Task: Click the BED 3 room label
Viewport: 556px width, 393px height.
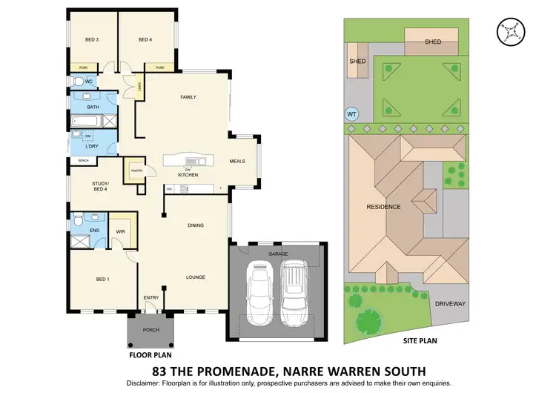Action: click(92, 39)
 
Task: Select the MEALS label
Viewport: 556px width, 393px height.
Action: click(237, 160)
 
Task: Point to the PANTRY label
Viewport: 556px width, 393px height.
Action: click(136, 170)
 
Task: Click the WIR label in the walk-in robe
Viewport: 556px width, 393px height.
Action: click(120, 231)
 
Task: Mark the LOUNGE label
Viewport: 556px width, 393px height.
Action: click(194, 277)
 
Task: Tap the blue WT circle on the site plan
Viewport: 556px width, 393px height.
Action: click(352, 114)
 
